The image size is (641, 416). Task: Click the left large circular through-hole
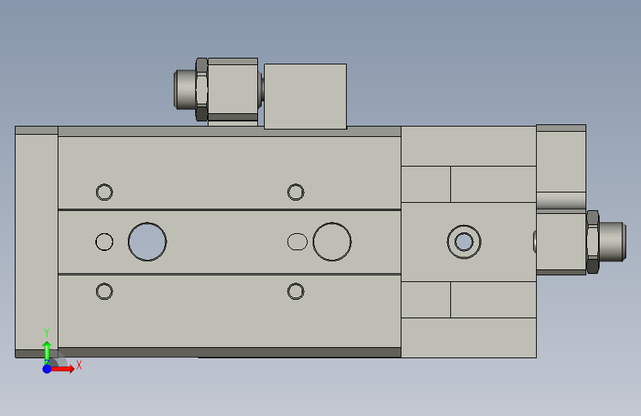click(147, 223)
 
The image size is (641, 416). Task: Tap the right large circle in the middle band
click(332, 223)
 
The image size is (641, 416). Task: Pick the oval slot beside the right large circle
click(297, 234)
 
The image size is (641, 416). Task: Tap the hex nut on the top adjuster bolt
click(202, 90)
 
